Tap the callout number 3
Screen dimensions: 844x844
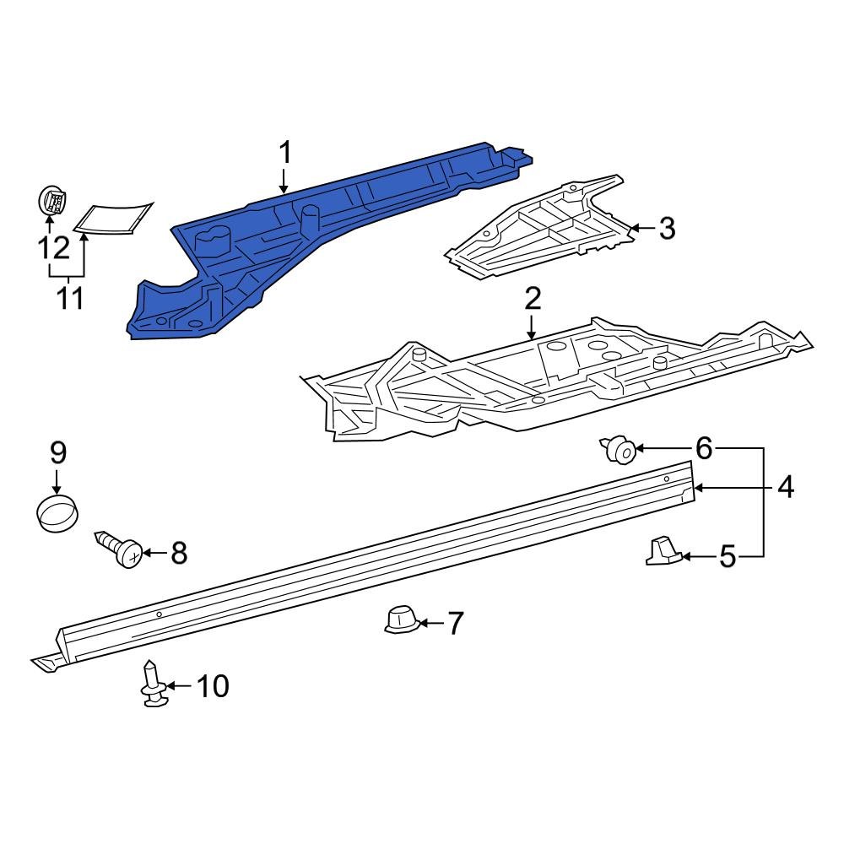pos(667,228)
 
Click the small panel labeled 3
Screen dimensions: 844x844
pos(540,228)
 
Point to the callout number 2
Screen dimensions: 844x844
pos(533,299)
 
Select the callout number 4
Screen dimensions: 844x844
pos(785,487)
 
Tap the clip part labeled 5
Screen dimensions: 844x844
pos(663,551)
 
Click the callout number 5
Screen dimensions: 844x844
pos(728,556)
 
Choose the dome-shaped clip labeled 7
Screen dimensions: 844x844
pos(401,620)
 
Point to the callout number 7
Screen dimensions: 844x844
pos(455,624)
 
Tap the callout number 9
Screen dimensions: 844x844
pos(57,453)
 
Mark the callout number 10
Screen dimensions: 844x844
pos(212,686)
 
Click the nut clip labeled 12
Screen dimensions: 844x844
pos(54,202)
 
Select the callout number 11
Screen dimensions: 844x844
pos(69,298)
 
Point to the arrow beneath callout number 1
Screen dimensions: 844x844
pos(284,181)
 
